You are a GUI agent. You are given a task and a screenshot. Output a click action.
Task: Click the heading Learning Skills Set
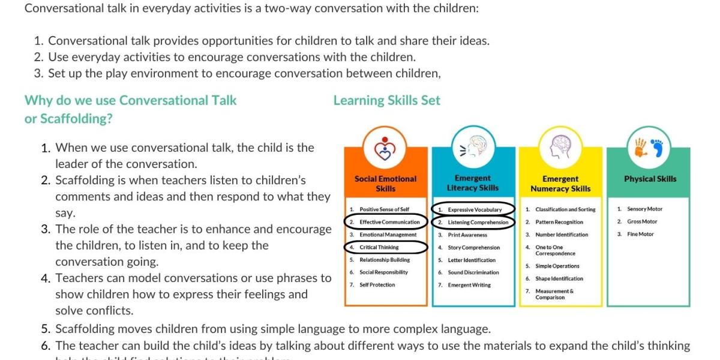pos(386,101)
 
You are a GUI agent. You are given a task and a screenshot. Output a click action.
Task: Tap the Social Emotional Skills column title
pos(385,183)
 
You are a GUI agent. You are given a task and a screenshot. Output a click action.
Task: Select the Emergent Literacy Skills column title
pos(473,183)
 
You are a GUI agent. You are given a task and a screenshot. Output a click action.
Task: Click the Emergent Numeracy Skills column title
pos(560,184)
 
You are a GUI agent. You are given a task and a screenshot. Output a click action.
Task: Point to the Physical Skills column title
pos(650,179)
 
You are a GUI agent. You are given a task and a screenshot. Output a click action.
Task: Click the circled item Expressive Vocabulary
pos(474,209)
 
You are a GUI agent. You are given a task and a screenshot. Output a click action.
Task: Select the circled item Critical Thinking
pos(379,247)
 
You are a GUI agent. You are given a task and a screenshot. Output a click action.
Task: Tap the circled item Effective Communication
pos(389,222)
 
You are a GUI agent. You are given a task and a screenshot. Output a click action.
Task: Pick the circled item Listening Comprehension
pos(478,222)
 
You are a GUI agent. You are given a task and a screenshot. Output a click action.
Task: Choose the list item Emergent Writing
pos(469,285)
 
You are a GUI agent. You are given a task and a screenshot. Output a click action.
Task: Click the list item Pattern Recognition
pos(559,222)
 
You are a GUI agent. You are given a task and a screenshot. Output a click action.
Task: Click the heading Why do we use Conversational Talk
pos(130,101)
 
